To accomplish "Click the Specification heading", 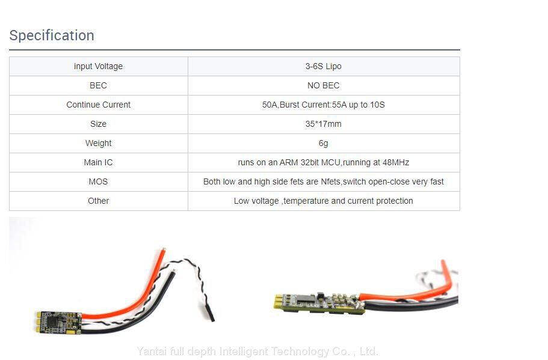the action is [52, 35].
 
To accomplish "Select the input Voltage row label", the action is [98, 66].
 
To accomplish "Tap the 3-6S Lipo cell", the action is [323, 66].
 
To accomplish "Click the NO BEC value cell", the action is [323, 85].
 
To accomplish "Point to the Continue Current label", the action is [98, 105].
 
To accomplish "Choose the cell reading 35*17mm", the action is [323, 124].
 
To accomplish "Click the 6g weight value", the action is [323, 143].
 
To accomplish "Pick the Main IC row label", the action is [98, 162].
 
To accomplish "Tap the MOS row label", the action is [98, 182].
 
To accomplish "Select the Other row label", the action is [98, 201].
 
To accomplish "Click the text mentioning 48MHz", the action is [323, 162].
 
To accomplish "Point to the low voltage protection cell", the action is [323, 201].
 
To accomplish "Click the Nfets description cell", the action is [323, 182].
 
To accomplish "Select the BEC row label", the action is [98, 85].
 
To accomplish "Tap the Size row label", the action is [98, 124].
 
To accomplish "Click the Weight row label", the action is [98, 143].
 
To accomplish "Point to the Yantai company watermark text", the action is [257, 352].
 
